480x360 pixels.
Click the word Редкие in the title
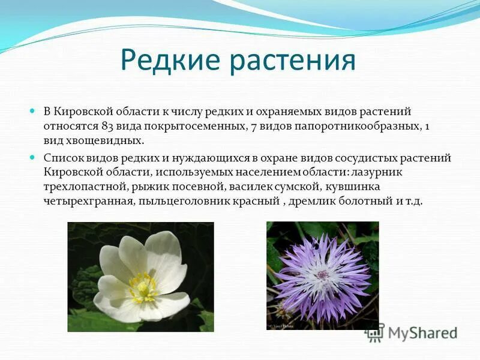[x=170, y=60]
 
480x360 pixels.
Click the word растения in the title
[x=293, y=62]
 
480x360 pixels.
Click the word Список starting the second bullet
[x=64, y=158]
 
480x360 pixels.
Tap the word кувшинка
[x=352, y=187]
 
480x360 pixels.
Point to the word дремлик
[x=309, y=202]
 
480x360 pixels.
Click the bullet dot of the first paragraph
[x=32, y=110]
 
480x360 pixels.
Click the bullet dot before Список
[x=32, y=158]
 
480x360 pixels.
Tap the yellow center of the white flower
[x=143, y=288]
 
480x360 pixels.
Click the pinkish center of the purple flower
[x=322, y=275]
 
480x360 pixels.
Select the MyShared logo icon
[x=374, y=332]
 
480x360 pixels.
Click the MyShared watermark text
[x=423, y=334]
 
